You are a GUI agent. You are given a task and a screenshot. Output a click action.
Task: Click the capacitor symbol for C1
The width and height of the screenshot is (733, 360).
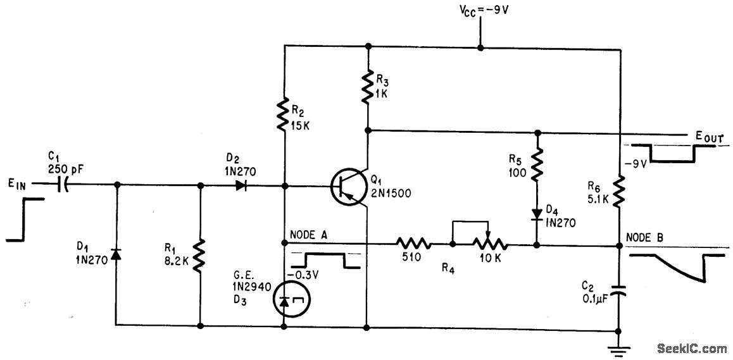(63, 185)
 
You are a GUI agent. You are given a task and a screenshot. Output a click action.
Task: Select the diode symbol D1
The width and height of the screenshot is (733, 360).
(116, 254)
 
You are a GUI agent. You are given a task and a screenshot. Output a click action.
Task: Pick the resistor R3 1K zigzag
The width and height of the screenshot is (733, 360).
(368, 88)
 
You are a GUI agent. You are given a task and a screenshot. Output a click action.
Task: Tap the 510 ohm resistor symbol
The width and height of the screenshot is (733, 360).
(414, 243)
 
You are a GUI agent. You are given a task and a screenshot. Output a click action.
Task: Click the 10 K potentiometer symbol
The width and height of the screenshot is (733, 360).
(488, 242)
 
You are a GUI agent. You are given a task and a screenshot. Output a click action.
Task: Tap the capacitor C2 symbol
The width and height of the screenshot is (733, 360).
(618, 293)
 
